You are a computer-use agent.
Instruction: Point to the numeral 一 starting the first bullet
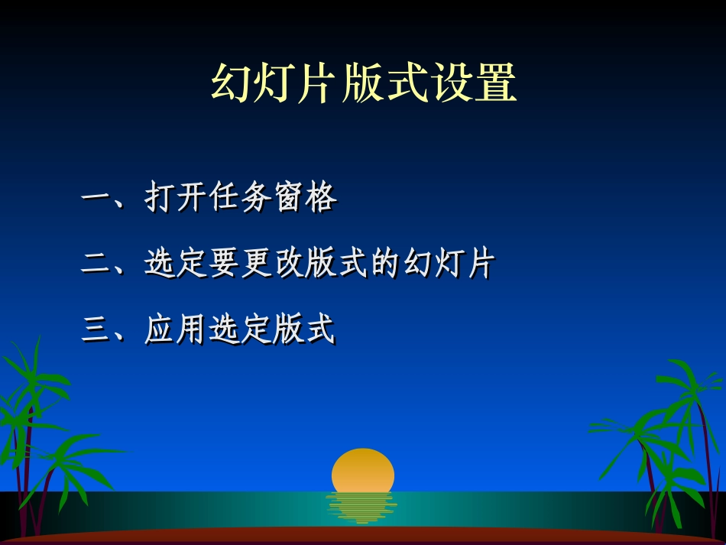pyautogui.click(x=96, y=200)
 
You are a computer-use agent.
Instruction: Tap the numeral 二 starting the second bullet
pyautogui.click(x=96, y=265)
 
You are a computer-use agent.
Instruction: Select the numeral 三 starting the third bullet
pyautogui.click(x=96, y=331)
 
